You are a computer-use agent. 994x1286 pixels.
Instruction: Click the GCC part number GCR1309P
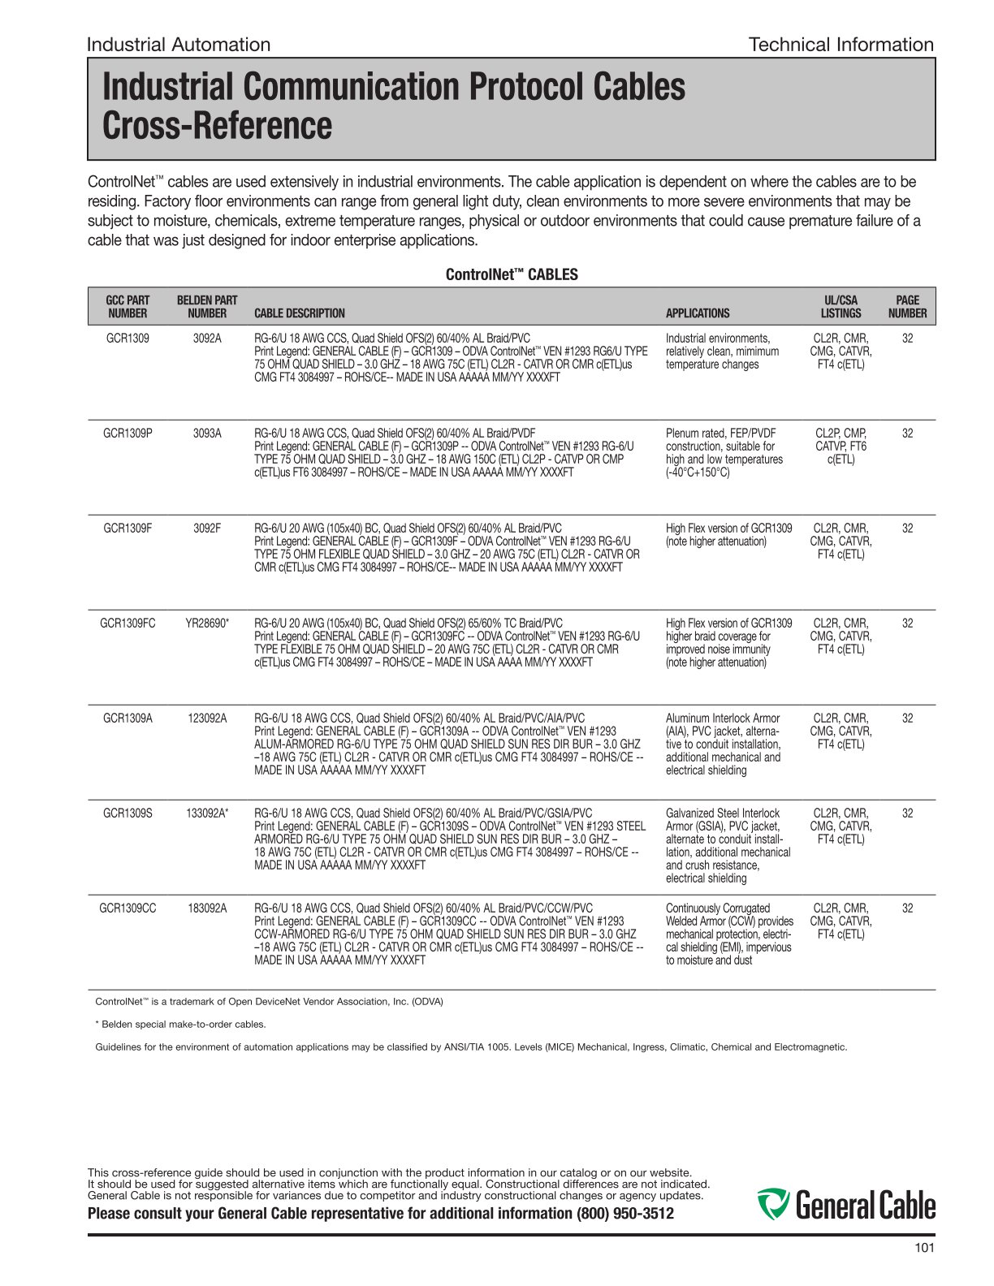127,434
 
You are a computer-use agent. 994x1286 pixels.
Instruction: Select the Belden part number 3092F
207,529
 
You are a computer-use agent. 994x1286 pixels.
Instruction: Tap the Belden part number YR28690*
207,624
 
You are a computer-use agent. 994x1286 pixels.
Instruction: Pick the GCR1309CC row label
127,908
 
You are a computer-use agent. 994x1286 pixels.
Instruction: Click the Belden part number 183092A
207,908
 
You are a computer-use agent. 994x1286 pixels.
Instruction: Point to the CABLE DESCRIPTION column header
299,313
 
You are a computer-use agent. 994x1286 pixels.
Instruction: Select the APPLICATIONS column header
698,313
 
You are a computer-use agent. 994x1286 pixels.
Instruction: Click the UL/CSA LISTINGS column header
841,307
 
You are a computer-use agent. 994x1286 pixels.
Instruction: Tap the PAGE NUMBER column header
907,307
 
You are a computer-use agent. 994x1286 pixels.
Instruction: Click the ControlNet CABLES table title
512,275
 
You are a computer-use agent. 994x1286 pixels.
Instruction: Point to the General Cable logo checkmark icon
772,1204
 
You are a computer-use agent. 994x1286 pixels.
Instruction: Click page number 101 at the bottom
924,1248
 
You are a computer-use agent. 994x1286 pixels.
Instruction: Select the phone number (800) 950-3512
624,1214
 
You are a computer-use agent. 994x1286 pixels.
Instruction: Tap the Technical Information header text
841,45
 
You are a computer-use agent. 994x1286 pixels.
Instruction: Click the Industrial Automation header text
179,45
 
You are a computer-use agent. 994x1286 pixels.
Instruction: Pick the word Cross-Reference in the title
218,126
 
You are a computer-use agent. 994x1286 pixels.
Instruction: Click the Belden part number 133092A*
207,813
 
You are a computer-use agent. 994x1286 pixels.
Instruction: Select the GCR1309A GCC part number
127,719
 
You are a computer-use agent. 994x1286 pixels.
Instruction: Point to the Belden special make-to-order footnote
181,1025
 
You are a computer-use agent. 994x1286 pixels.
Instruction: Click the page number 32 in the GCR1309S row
907,813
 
